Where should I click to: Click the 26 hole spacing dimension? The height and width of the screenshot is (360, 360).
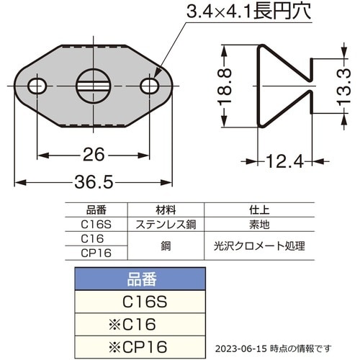click(x=94, y=154)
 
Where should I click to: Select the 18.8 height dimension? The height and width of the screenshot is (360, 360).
click(x=225, y=88)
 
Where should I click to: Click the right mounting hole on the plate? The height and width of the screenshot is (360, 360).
click(x=150, y=86)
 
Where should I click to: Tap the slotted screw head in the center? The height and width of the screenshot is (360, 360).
click(x=94, y=86)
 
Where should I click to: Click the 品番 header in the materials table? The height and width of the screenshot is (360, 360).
click(x=96, y=211)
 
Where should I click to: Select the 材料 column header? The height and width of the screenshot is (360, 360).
click(x=165, y=211)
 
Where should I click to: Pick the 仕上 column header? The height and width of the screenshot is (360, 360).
click(x=259, y=211)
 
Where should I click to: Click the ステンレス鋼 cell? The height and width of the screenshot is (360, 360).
click(x=165, y=223)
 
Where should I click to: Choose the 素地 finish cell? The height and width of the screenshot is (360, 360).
click(x=259, y=223)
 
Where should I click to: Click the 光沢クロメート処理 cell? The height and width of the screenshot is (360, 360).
click(x=259, y=246)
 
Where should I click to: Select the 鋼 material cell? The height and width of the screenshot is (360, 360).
click(x=165, y=246)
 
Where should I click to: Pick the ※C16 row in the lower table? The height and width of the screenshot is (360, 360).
click(x=140, y=323)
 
